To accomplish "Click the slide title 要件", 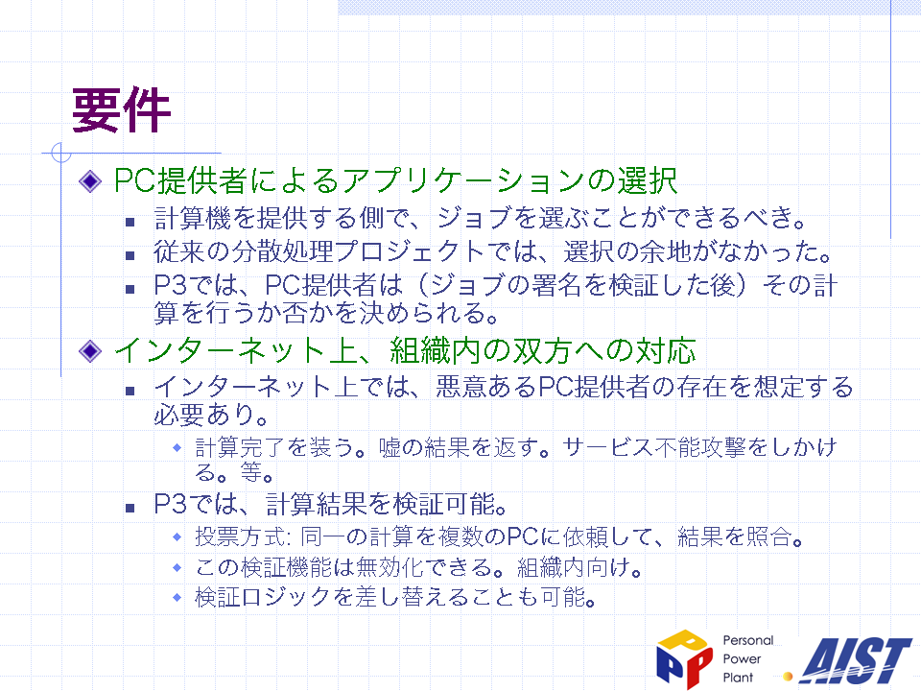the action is coord(121,109).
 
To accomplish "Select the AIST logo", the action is coord(857,660).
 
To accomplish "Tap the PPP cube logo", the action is coord(684,658).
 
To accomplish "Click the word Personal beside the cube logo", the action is coord(747,640).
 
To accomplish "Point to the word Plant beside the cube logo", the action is coord(738,677).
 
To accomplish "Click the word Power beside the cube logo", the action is coord(742,658).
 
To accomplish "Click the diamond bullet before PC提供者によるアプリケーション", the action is coord(90,181).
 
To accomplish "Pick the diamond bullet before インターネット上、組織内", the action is coord(90,351).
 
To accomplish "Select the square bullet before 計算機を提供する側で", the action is coord(130,222).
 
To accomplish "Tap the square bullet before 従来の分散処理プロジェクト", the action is coord(130,255).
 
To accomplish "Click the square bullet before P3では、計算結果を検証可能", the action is coord(130,508).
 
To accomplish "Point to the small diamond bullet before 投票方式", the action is coord(177,536).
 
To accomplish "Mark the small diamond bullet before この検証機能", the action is coord(177,567).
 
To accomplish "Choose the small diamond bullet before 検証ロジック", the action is coord(177,598).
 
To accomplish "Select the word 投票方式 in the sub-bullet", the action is coord(242,536).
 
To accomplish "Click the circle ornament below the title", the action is coord(61,153).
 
